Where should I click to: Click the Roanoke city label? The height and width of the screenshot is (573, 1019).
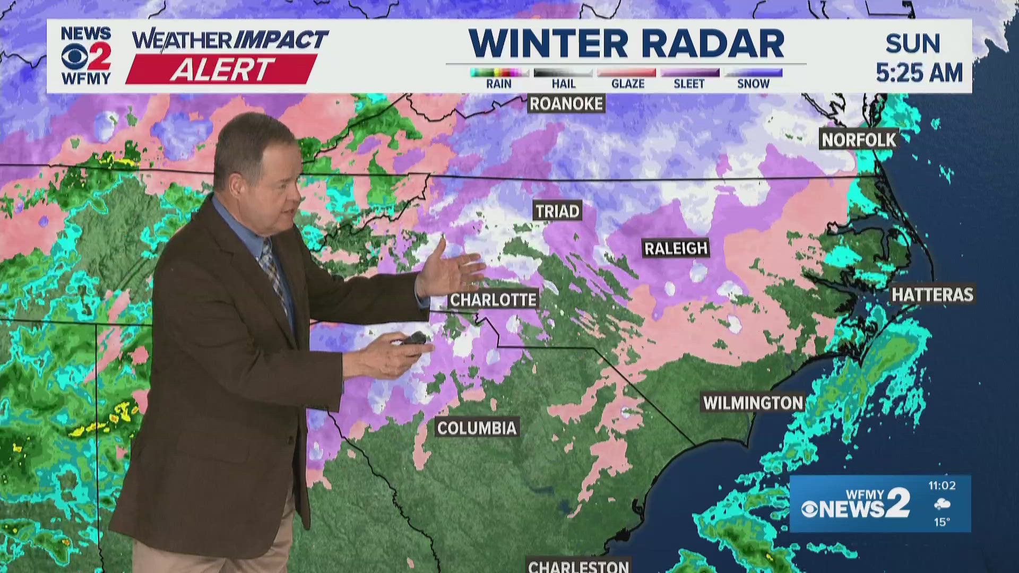pyautogui.click(x=566, y=104)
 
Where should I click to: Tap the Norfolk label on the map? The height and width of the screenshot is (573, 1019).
pyautogui.click(x=859, y=140)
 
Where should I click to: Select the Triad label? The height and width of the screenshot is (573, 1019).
pyautogui.click(x=557, y=211)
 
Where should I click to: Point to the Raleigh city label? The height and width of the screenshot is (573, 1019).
pyautogui.click(x=676, y=248)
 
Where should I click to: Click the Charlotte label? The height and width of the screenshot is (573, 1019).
pyautogui.click(x=493, y=300)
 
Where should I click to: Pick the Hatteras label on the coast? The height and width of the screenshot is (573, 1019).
pyautogui.click(x=932, y=295)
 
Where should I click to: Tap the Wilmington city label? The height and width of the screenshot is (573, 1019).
pyautogui.click(x=753, y=403)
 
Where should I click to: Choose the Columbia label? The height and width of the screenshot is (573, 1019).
pyautogui.click(x=477, y=428)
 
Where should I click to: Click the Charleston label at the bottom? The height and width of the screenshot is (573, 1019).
pyautogui.click(x=578, y=566)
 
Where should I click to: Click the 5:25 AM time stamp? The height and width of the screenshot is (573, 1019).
pyautogui.click(x=919, y=73)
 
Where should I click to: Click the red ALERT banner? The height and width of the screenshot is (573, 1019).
pyautogui.click(x=222, y=70)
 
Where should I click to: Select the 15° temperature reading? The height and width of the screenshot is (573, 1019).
pyautogui.click(x=942, y=522)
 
